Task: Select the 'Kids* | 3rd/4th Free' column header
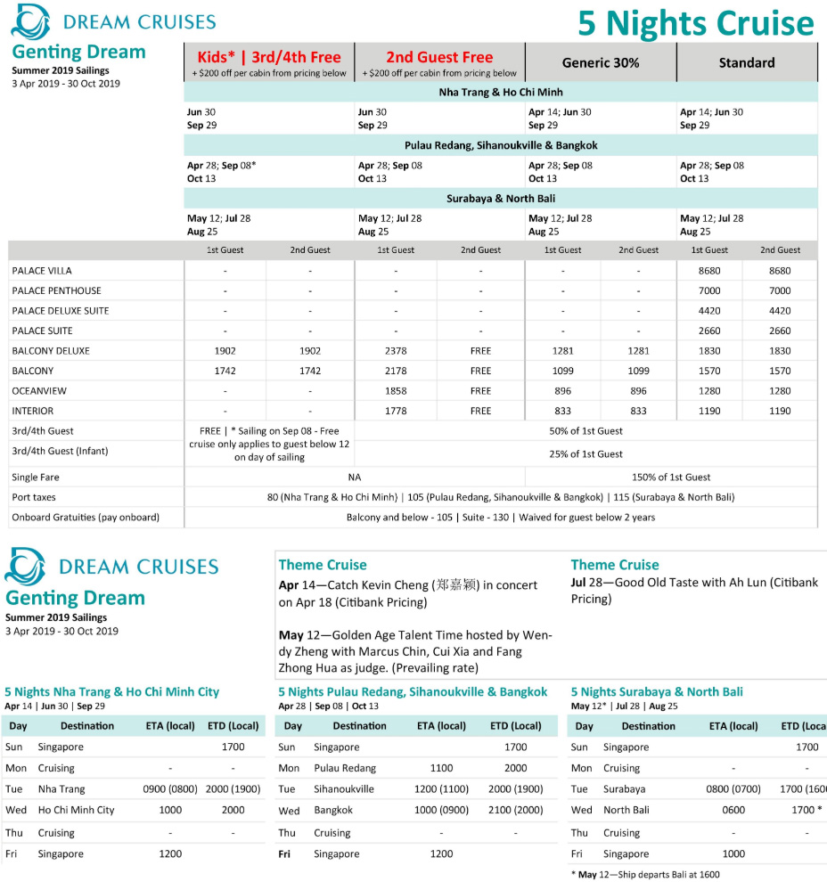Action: coord(269,57)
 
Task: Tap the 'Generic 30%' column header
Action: coord(600,63)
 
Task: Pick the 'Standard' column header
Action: coord(747,63)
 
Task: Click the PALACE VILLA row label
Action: coord(42,271)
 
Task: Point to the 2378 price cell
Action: coord(396,351)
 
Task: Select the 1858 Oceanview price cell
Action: coord(396,391)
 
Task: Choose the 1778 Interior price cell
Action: coord(396,411)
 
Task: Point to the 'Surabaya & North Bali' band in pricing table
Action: coord(500,199)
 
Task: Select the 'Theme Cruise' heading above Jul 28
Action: coord(615,565)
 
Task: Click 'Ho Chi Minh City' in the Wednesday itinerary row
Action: coord(76,810)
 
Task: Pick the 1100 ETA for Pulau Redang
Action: coord(441,768)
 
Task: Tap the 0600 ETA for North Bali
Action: coord(733,810)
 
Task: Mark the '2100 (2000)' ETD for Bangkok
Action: coord(515,810)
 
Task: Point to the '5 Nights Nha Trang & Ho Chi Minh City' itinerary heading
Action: coord(111,691)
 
